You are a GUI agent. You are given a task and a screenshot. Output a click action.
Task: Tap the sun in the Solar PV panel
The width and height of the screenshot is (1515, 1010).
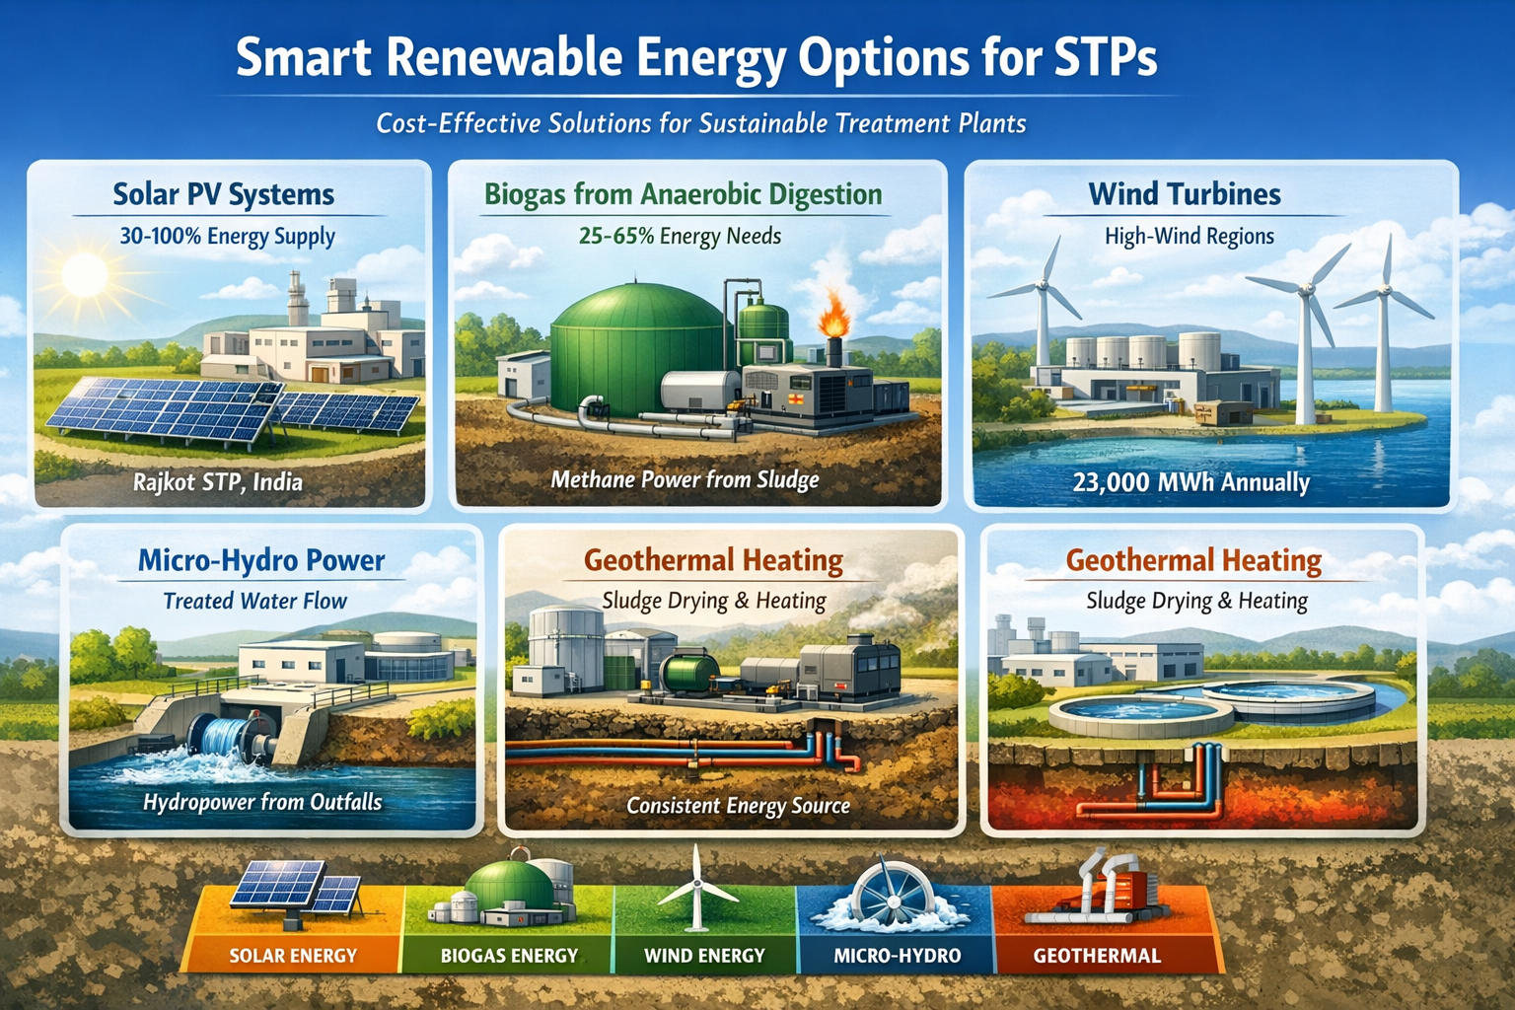point(85,275)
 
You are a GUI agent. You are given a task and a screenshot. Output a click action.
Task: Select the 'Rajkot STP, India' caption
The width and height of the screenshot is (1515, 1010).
point(218,482)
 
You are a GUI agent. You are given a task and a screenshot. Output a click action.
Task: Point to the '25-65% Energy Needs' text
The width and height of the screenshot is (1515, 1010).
point(680,236)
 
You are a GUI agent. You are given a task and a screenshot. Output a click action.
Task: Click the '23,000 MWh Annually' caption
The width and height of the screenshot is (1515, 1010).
point(1191,482)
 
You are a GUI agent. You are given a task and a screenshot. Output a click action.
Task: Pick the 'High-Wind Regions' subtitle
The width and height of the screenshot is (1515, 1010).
point(1189,236)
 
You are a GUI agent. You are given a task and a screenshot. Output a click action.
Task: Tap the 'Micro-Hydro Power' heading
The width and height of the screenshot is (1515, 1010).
point(261,561)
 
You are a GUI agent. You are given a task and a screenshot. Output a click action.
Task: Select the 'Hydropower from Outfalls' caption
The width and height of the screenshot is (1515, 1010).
point(262,802)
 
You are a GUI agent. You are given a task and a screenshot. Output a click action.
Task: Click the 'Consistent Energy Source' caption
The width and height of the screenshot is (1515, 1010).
point(738,805)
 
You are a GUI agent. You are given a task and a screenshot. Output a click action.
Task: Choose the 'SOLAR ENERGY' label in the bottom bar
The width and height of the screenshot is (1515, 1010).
point(293,955)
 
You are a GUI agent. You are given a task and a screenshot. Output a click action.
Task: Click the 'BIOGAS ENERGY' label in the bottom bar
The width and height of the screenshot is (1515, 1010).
point(509,955)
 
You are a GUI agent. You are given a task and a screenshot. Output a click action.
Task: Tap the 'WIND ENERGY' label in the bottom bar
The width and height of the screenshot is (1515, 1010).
point(704,955)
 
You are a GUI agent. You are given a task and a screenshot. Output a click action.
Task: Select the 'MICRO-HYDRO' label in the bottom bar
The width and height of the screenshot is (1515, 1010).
point(898,955)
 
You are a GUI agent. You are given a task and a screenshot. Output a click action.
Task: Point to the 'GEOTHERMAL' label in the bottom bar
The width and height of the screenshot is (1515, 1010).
point(1097,955)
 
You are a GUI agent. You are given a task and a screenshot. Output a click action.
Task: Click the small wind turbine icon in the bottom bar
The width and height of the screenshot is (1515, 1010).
point(696,888)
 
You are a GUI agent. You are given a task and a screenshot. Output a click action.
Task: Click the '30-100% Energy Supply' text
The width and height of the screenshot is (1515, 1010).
point(227,236)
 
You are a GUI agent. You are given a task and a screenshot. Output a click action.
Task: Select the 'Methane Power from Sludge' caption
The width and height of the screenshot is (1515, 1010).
point(685,479)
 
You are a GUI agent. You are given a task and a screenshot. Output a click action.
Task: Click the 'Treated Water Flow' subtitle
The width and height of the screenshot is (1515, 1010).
point(255,601)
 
